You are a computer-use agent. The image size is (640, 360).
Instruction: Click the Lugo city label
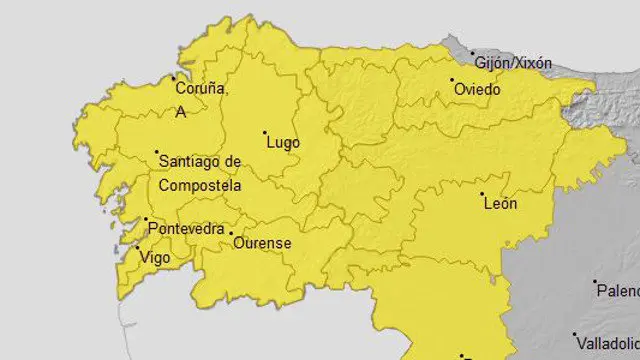click(283, 143)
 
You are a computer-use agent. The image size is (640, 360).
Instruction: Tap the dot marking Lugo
click(265, 132)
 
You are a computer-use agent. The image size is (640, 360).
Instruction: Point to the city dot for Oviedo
click(452, 80)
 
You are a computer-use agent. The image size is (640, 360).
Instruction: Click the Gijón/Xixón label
click(513, 63)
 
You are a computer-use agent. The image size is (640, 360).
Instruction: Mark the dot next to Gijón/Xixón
click(474, 54)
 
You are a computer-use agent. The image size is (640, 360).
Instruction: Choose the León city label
click(500, 204)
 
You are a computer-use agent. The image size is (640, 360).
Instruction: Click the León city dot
click(482, 194)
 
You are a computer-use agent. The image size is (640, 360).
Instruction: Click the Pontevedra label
click(186, 229)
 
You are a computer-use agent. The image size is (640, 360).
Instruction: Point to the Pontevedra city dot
click(147, 220)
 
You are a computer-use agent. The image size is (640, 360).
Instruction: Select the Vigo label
click(156, 257)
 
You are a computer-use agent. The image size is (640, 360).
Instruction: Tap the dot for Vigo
click(137, 247)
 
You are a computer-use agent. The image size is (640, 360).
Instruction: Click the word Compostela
click(200, 186)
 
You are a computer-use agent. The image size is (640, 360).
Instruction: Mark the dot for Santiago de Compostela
click(157, 153)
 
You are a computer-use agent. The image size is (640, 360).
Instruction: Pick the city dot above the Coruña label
click(173, 78)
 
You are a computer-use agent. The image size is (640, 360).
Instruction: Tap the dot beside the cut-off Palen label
click(594, 282)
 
